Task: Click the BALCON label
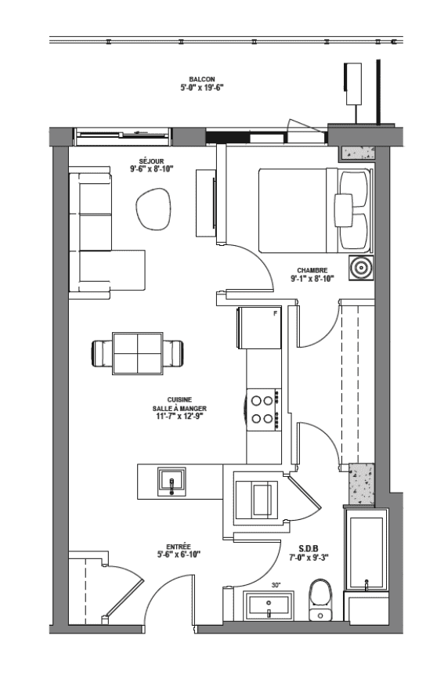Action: (x=201, y=79)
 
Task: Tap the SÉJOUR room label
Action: (x=151, y=161)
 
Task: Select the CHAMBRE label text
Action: (x=312, y=270)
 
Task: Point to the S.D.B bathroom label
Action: (x=309, y=549)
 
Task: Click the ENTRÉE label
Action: (x=179, y=547)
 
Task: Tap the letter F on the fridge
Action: (x=275, y=313)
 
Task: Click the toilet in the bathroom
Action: (x=320, y=600)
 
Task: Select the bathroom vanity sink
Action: (x=269, y=606)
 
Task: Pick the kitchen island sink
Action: (x=172, y=482)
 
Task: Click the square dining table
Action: (x=137, y=353)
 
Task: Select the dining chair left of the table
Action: (x=102, y=353)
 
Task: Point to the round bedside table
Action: (x=361, y=268)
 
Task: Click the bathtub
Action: (x=366, y=550)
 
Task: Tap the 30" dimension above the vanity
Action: (x=276, y=584)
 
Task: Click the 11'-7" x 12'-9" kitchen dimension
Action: (x=179, y=416)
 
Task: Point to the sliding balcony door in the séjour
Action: (x=122, y=136)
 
